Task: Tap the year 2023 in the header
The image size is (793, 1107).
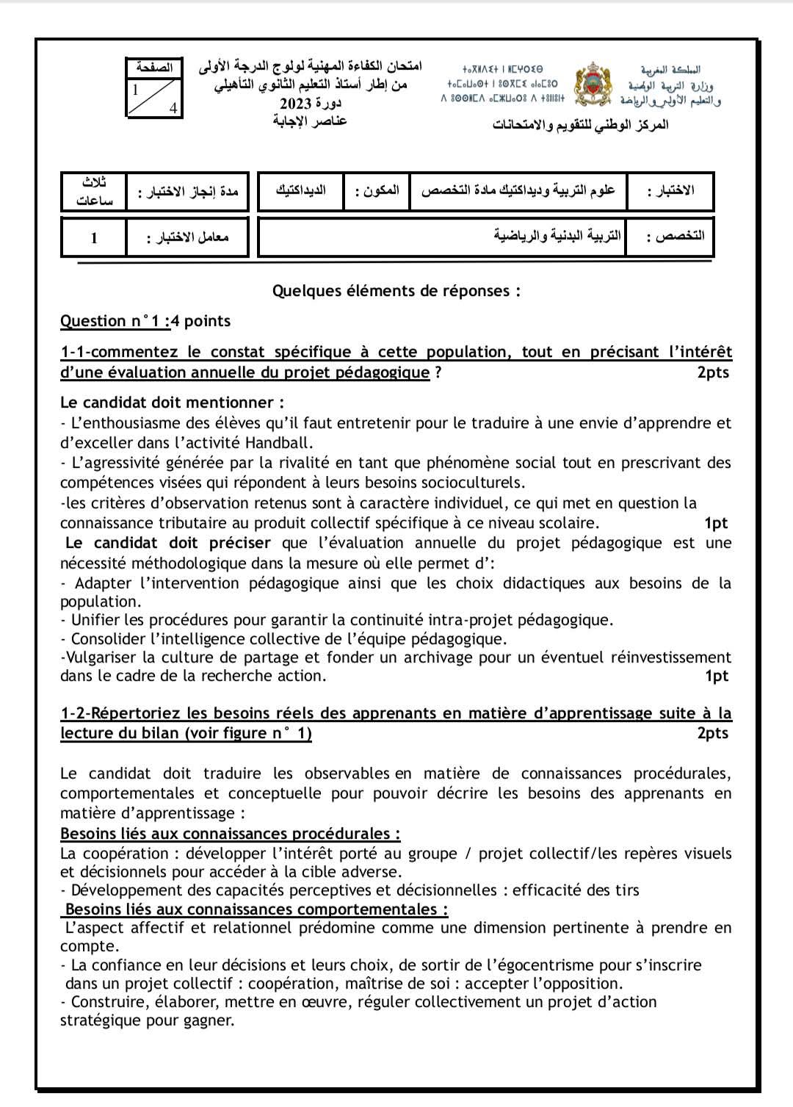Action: tap(297, 103)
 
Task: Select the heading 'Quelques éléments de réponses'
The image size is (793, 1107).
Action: tap(396, 291)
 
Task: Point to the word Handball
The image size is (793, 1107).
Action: tap(278, 443)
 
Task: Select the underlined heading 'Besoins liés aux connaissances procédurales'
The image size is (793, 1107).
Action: tap(230, 834)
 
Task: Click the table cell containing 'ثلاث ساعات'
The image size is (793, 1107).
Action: tap(94, 191)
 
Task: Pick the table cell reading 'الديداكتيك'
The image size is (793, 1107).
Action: tap(301, 191)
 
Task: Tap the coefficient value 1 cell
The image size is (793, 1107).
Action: tap(94, 237)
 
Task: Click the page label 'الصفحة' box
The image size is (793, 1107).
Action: tap(154, 68)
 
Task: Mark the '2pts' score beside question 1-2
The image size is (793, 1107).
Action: tap(712, 733)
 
